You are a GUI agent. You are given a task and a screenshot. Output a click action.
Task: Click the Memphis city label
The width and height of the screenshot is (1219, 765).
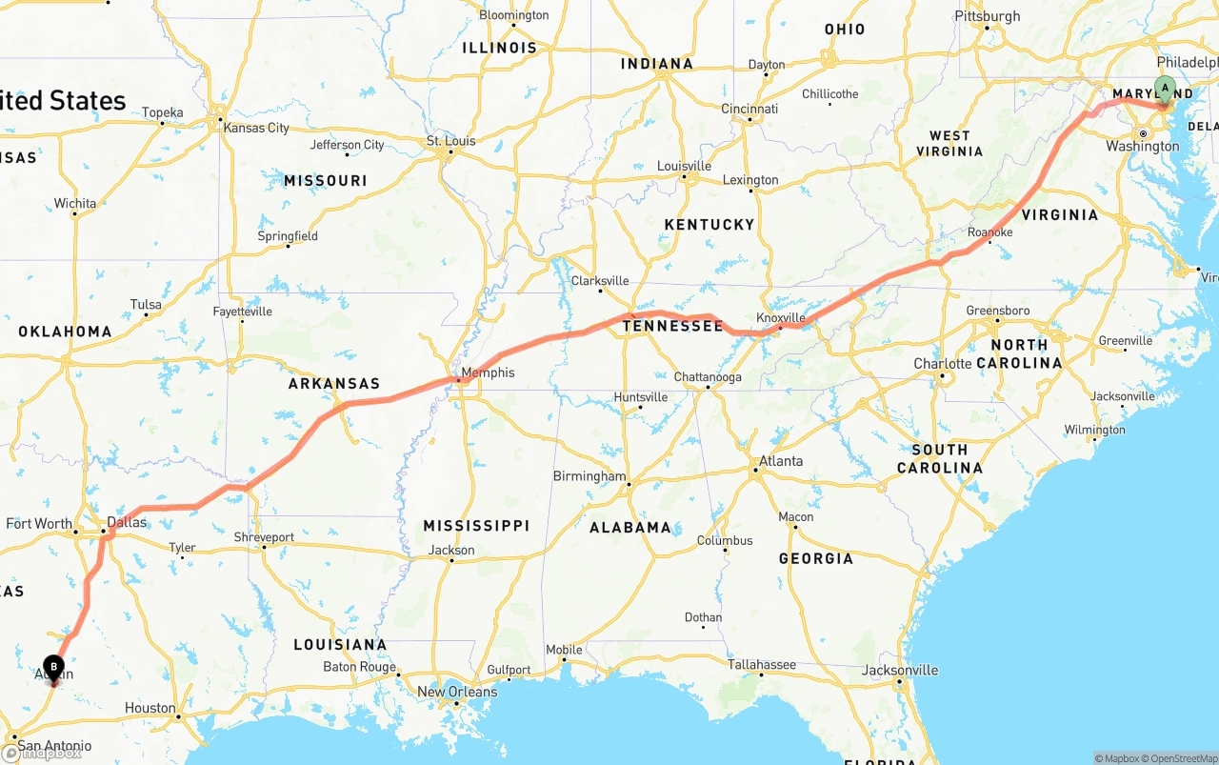click(488, 372)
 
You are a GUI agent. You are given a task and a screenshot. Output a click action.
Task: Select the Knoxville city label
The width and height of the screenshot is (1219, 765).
click(781, 317)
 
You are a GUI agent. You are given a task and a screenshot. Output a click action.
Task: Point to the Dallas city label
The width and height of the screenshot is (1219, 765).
click(127, 522)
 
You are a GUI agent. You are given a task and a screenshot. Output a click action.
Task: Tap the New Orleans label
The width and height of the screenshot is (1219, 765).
click(457, 692)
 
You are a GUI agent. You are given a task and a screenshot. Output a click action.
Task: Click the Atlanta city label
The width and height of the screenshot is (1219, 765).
click(781, 461)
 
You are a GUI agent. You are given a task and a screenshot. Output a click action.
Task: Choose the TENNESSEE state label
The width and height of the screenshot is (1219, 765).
click(672, 326)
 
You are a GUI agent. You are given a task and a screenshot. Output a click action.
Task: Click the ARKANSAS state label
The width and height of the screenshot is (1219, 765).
click(334, 384)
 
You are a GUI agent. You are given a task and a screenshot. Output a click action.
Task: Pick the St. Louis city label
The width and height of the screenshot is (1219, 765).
click(450, 141)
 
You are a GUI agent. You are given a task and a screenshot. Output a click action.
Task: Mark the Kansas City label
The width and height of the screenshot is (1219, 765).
click(256, 128)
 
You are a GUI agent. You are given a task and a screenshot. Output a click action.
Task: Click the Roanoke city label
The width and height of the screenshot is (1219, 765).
click(989, 232)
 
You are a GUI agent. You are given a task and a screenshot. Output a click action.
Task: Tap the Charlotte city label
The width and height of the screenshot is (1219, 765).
click(943, 364)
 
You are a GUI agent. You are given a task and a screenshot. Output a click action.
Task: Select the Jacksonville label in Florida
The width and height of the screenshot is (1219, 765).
click(900, 670)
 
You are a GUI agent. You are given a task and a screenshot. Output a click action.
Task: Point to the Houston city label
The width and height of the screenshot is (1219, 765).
click(150, 708)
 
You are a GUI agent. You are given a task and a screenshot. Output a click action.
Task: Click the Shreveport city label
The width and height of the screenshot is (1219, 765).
click(264, 537)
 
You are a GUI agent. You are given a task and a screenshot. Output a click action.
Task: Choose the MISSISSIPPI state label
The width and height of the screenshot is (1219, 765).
click(476, 526)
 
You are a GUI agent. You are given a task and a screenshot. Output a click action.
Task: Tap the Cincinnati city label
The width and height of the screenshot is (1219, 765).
click(749, 109)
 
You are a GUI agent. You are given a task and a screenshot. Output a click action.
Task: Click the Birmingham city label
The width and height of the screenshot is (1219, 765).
click(590, 476)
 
